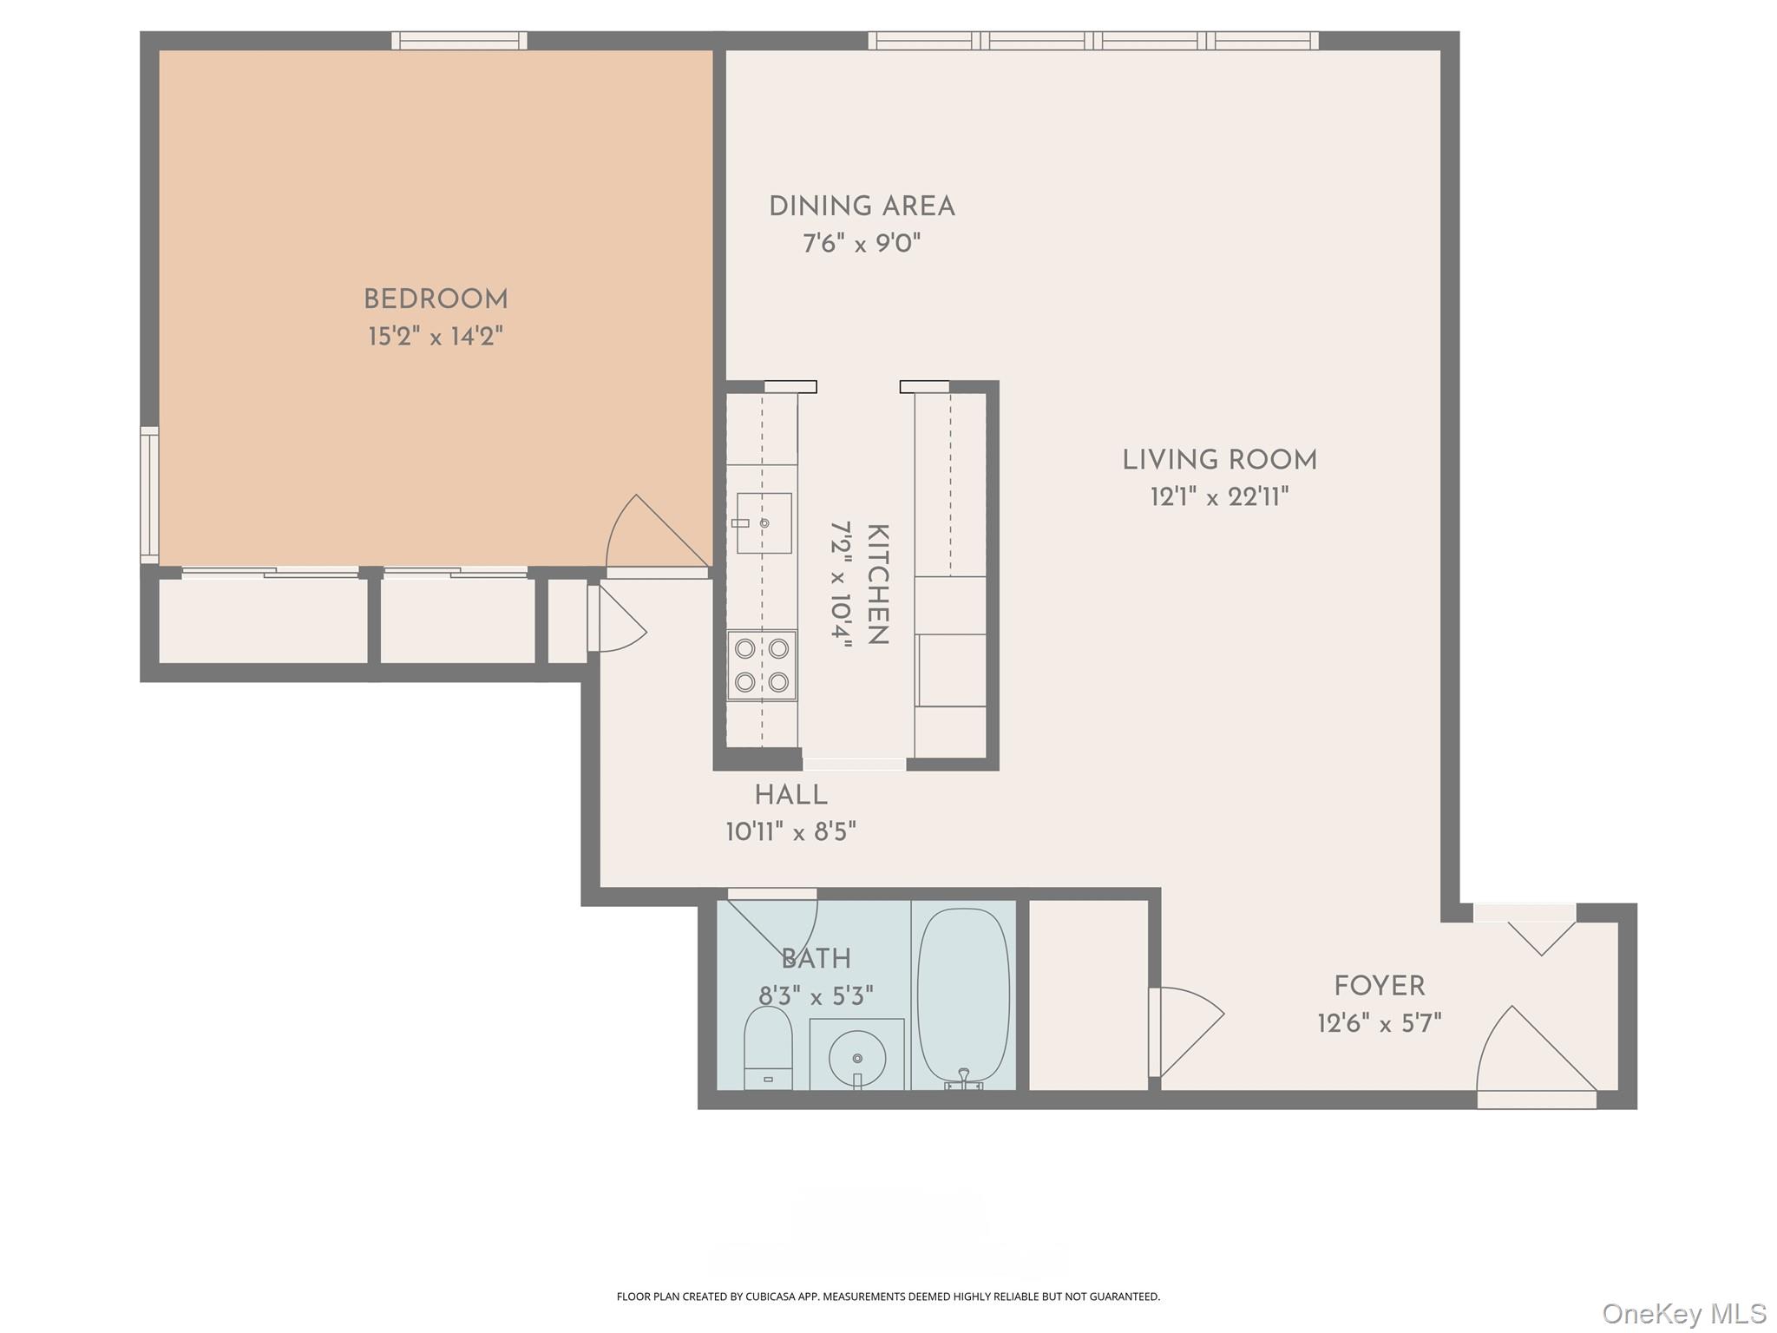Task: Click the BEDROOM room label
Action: [x=436, y=299]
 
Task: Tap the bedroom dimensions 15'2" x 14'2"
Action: [x=436, y=336]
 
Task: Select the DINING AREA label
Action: [x=862, y=207]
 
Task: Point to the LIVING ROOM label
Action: [x=1219, y=460]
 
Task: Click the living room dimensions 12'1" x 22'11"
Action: [x=1219, y=497]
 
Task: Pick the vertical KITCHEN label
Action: [x=877, y=584]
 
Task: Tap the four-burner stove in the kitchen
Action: [x=762, y=665]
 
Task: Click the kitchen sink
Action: [x=764, y=523]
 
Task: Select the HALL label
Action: [x=790, y=795]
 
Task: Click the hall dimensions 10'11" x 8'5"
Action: [x=790, y=832]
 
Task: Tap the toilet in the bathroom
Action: [x=768, y=1048]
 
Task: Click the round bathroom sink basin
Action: [x=857, y=1058]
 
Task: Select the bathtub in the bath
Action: [x=963, y=995]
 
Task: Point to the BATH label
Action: [x=816, y=959]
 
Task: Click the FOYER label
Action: [x=1379, y=986]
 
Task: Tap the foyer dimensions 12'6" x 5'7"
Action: [x=1379, y=1024]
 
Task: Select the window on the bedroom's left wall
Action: [x=149, y=495]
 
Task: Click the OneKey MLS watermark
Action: [x=1683, y=1313]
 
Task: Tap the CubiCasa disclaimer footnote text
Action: [x=888, y=1297]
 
